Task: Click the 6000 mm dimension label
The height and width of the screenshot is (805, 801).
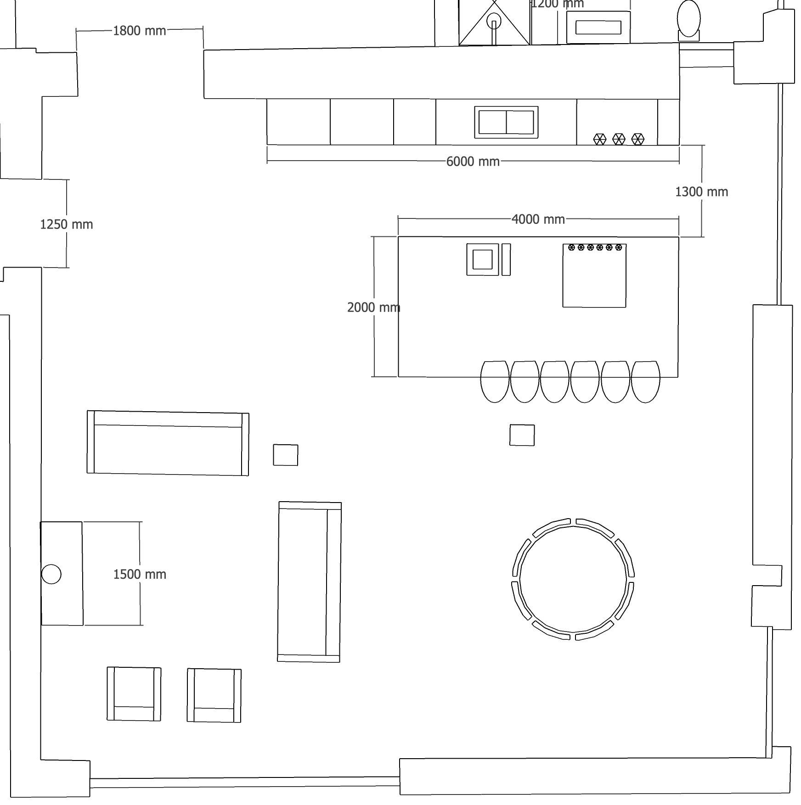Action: pos(473,162)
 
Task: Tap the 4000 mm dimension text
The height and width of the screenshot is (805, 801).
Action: pos(538,219)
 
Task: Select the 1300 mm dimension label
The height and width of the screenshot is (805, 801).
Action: pos(701,192)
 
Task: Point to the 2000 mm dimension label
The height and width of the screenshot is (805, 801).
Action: pos(373,307)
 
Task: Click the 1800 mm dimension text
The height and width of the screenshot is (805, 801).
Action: pos(139,31)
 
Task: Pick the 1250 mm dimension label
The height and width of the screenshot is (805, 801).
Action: pos(67,224)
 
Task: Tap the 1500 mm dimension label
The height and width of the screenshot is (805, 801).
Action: pos(140,574)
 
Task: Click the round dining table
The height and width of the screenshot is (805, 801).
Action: pos(573,579)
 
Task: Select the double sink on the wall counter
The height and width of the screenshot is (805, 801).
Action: pos(506,122)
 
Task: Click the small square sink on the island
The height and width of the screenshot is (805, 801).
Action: pos(482,259)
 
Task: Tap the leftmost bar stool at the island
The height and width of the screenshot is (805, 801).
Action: pos(495,381)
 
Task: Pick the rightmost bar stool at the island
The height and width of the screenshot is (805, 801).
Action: pos(645,381)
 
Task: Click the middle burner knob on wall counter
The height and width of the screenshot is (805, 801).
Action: pos(619,139)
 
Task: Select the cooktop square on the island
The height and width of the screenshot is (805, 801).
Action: pos(594,275)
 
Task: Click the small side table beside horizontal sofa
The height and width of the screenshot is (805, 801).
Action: pos(285,455)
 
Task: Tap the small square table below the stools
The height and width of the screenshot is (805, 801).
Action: pos(522,435)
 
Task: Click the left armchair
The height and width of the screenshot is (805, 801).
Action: pos(134,693)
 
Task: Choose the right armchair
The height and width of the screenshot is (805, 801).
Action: pos(214,695)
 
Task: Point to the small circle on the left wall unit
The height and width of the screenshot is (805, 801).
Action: pos(51,574)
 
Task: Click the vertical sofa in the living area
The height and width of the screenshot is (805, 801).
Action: pos(309,581)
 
